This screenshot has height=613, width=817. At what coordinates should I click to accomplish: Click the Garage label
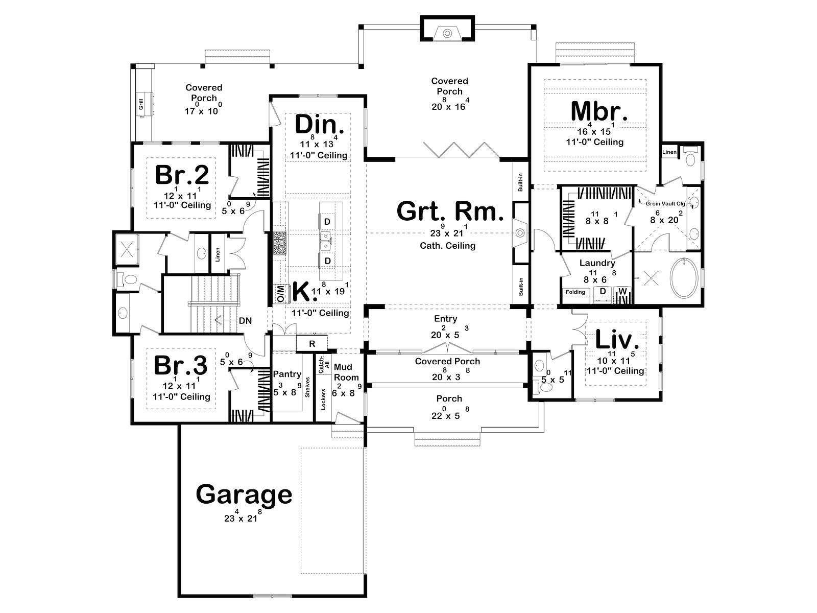244,495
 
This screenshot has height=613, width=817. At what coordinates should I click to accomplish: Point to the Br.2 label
182,175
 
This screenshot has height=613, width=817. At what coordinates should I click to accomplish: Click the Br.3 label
181,365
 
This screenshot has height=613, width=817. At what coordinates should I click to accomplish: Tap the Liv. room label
617,339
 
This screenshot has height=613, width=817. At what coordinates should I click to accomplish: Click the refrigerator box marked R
312,343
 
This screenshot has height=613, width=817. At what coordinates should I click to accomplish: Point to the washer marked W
622,291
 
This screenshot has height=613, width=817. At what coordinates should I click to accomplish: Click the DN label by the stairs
245,320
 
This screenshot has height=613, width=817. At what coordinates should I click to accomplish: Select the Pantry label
287,374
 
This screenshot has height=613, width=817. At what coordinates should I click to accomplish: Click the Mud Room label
346,372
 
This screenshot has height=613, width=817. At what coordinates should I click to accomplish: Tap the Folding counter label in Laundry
575,292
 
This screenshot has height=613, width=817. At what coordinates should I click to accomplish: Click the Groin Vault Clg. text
666,204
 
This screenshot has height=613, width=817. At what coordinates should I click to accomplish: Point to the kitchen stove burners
279,243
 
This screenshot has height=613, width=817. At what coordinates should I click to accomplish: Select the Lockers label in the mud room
323,399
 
